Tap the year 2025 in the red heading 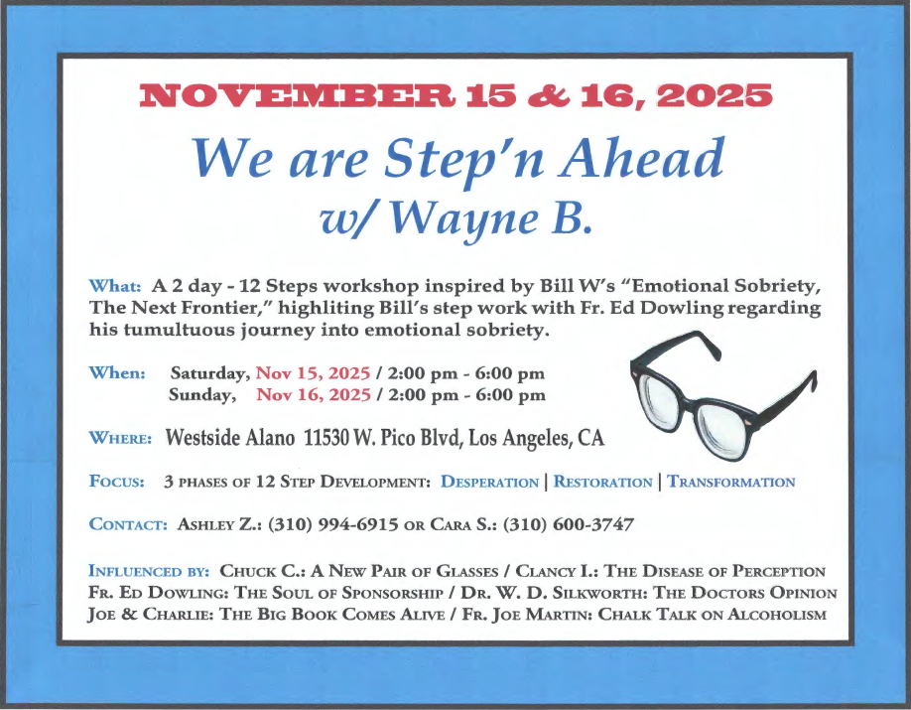point(715,95)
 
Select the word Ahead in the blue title point(642,158)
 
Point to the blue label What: point(115,286)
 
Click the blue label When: point(117,372)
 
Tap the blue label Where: point(120,438)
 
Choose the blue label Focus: point(117,482)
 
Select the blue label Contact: point(128,524)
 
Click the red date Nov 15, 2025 point(314,373)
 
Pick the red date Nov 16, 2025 point(314,395)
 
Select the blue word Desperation point(490,482)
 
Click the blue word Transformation point(731,482)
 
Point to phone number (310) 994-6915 point(332,524)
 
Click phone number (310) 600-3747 point(569,524)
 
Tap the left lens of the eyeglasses point(662,399)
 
